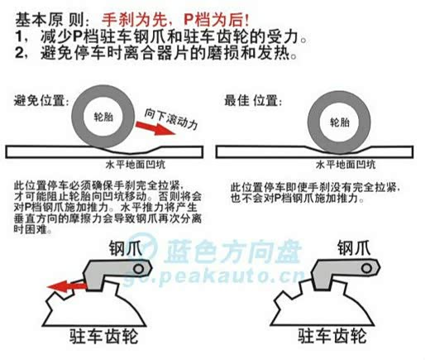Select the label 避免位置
(x=40, y=100)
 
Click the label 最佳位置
(x=252, y=100)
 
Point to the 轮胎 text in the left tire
(x=103, y=117)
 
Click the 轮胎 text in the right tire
(x=339, y=122)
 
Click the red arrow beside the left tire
(x=155, y=128)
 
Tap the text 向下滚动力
(x=171, y=119)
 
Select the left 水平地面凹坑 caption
(x=136, y=165)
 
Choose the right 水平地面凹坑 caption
(x=346, y=165)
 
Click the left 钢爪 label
(x=126, y=248)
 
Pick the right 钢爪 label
(x=354, y=247)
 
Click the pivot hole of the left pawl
(x=139, y=269)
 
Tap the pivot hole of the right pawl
(x=367, y=268)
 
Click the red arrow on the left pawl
(x=67, y=286)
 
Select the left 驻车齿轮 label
(x=103, y=336)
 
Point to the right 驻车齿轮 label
(x=332, y=336)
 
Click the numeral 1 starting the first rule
(x=19, y=36)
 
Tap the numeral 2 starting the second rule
(x=19, y=52)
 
